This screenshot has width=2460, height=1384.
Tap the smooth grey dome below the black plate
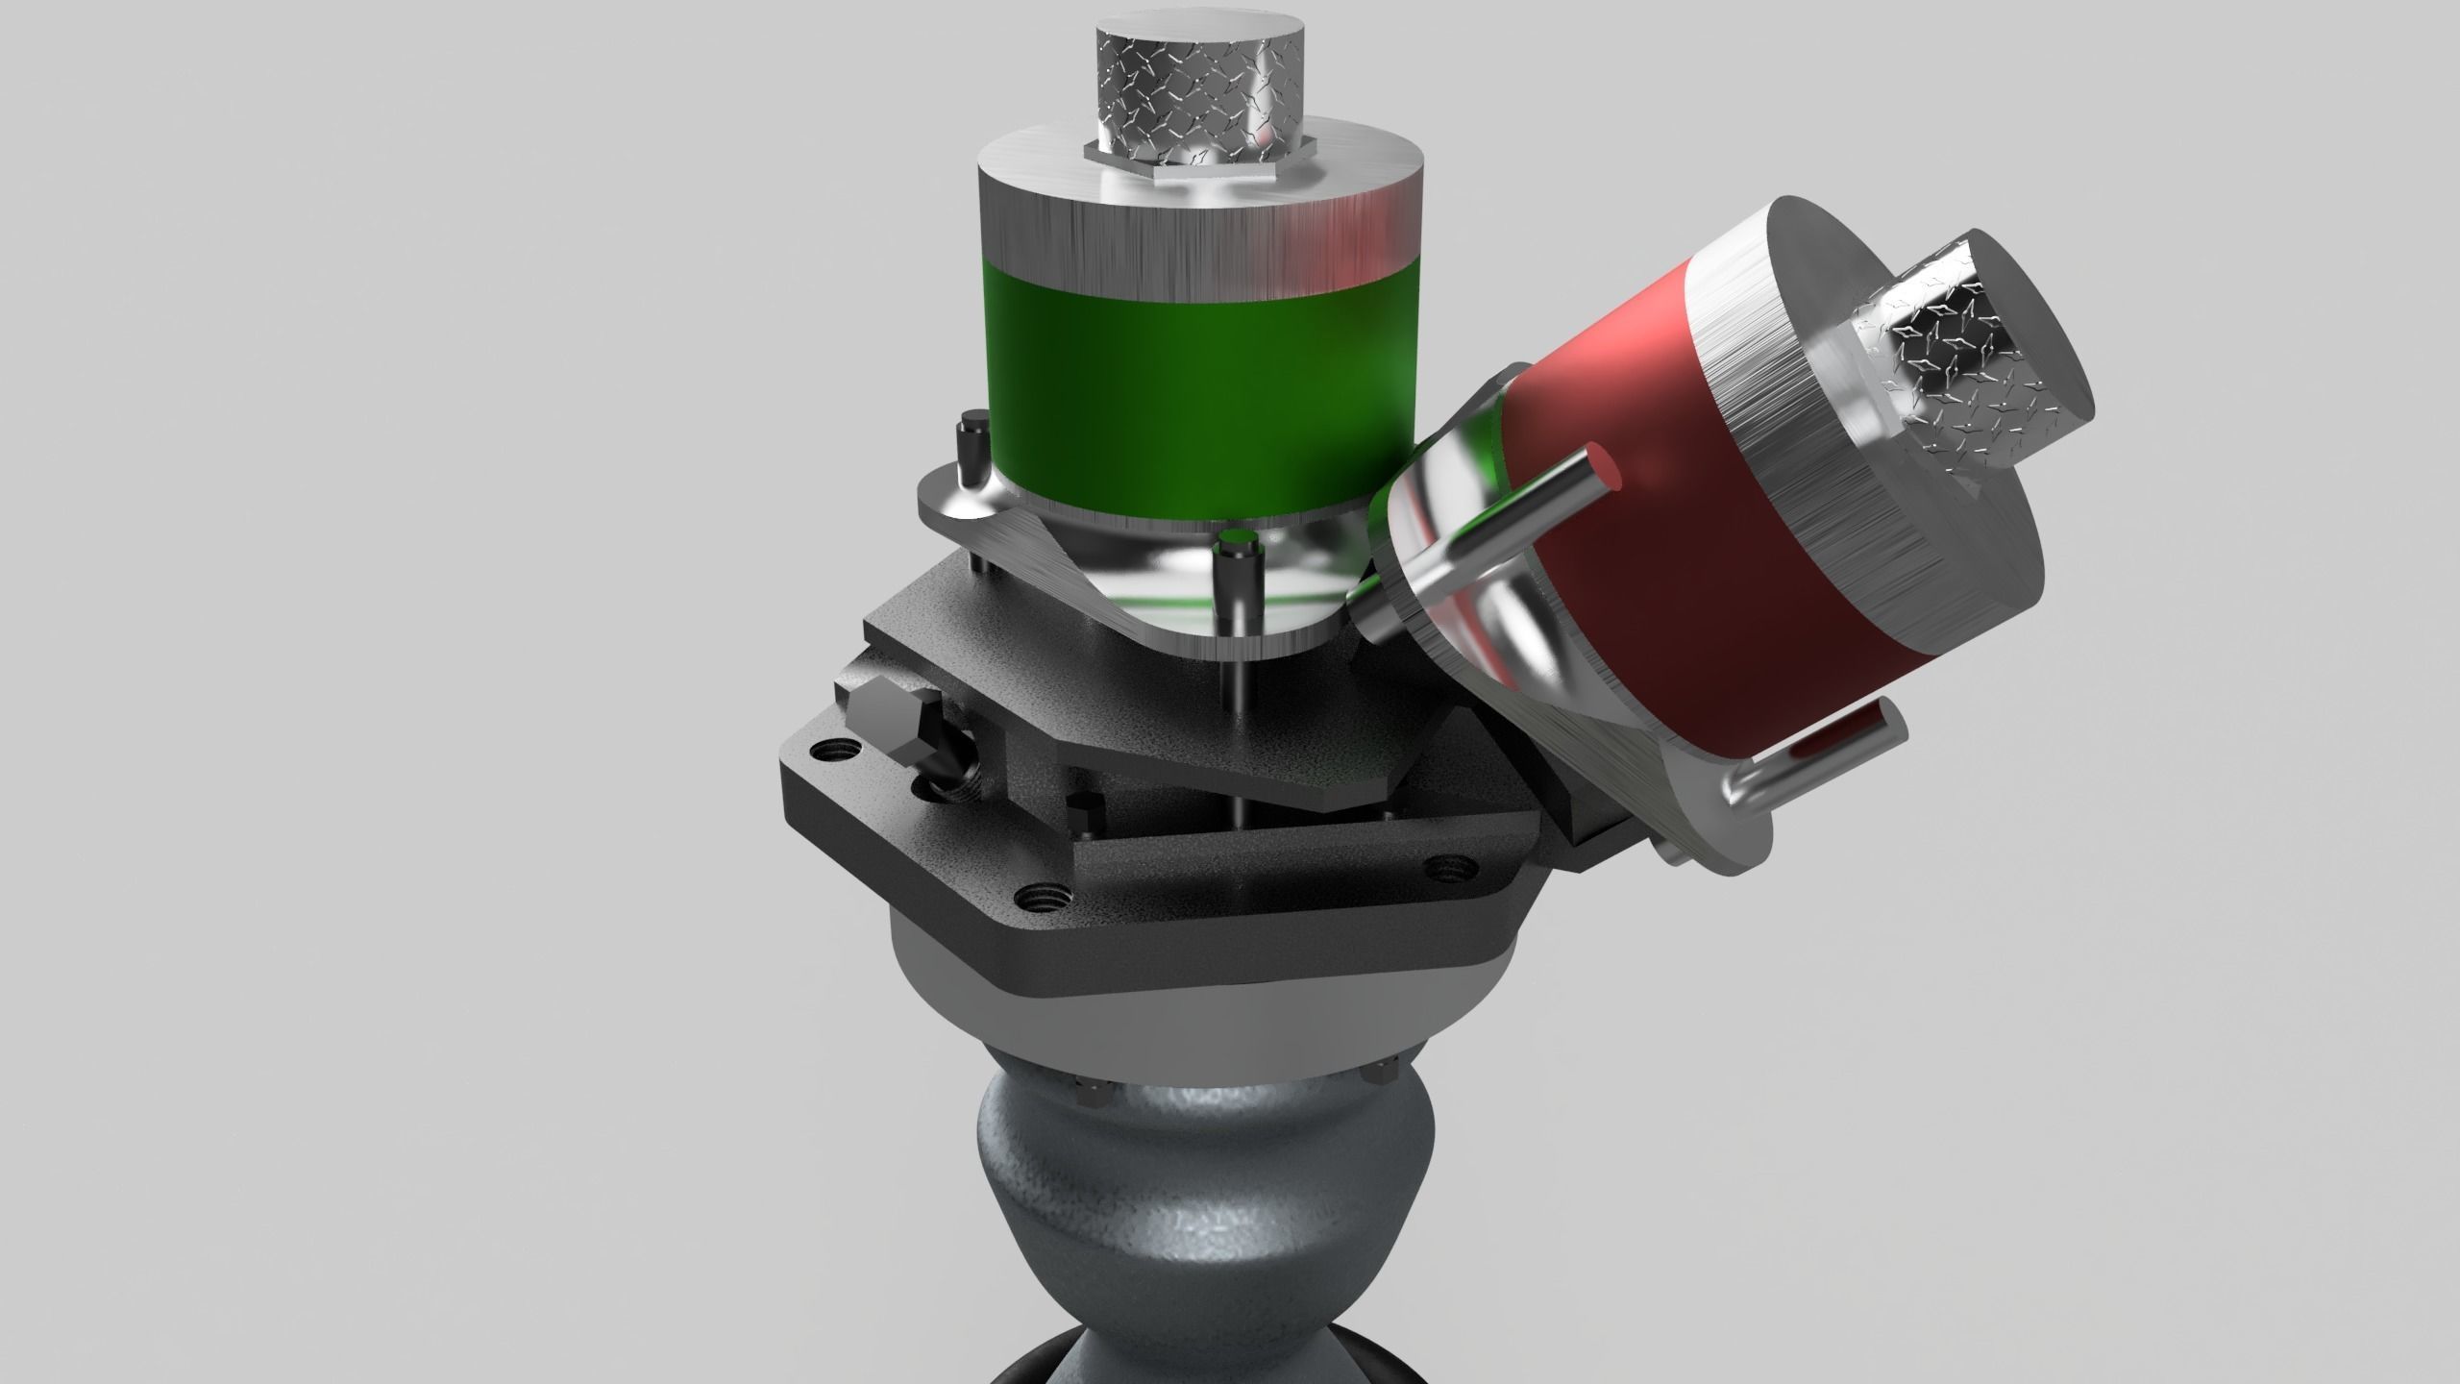coord(1345,1019)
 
